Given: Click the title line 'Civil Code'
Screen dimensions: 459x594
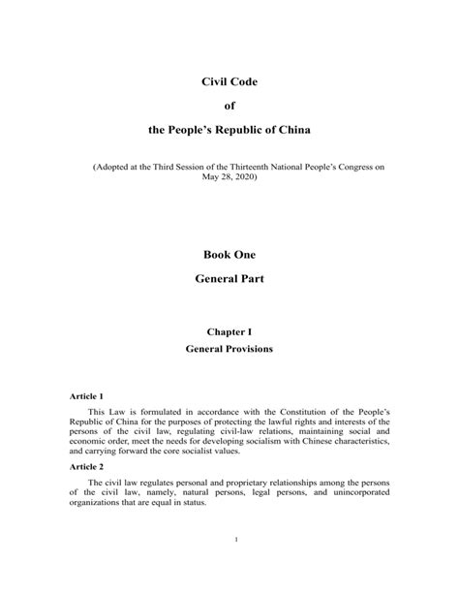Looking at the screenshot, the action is pyautogui.click(x=229, y=82).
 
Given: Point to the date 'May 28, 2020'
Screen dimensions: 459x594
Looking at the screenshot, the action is pyautogui.click(x=229, y=177).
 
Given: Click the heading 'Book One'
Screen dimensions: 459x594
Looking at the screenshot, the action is pyautogui.click(x=229, y=254).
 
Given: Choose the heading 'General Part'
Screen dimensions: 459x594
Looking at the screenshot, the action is pyautogui.click(x=229, y=278).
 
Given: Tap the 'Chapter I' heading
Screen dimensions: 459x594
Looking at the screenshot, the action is pyautogui.click(x=229, y=331).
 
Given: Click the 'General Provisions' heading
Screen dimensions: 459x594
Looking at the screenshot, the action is pyautogui.click(x=229, y=349).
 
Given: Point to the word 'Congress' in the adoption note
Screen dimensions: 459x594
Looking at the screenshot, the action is pyautogui.click(x=354, y=167).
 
